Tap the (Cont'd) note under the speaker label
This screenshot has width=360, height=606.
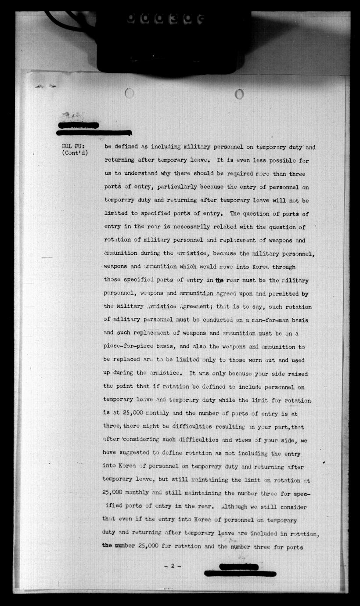(x=75, y=153)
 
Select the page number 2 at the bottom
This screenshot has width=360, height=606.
(x=173, y=566)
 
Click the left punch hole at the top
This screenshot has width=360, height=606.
(x=130, y=93)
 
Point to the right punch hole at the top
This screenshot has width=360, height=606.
(x=239, y=94)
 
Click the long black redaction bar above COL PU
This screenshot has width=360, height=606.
(x=95, y=132)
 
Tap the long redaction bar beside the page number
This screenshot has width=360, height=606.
(x=240, y=574)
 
